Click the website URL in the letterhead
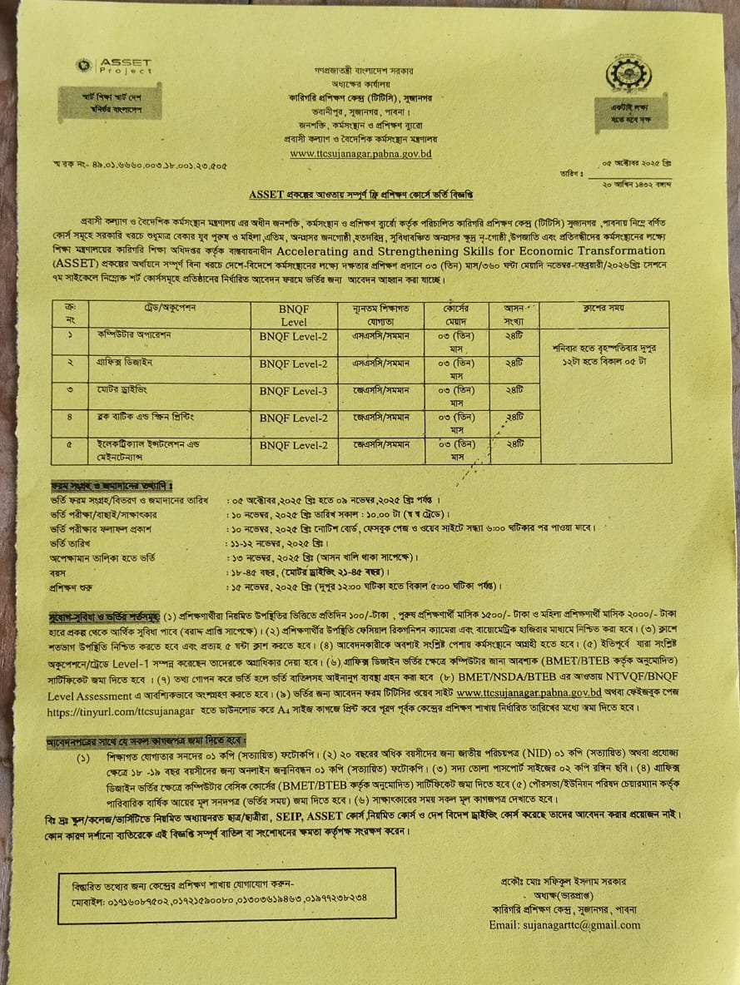point(360,153)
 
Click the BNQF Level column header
point(294,314)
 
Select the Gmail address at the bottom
point(565,925)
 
